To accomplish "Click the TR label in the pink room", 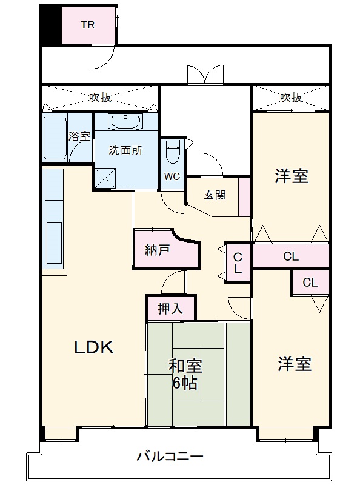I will tap(88, 25).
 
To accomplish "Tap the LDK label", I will tap(94, 347).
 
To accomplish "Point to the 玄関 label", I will tap(215, 195).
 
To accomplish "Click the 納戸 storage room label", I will tap(157, 250).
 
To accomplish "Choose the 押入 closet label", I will tap(170, 309).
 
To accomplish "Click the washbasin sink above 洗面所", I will tap(126, 122).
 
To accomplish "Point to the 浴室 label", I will tap(79, 136).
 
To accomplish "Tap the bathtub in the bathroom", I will tap(55, 138).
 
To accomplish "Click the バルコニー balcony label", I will tap(169, 456).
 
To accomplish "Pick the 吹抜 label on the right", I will tap(291, 97).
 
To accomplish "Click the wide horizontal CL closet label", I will tap(291, 256).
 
